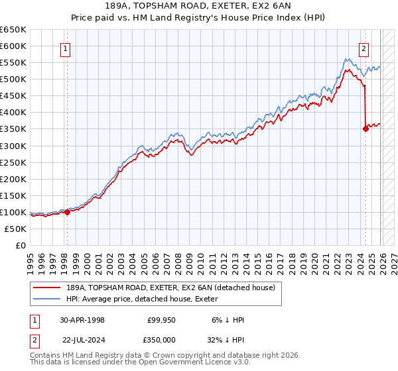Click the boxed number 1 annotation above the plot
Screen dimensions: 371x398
(66, 48)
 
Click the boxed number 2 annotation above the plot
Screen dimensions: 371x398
(364, 48)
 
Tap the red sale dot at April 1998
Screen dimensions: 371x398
(67, 212)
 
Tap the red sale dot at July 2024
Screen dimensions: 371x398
(365, 129)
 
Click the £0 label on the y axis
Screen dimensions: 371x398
(20, 245)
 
